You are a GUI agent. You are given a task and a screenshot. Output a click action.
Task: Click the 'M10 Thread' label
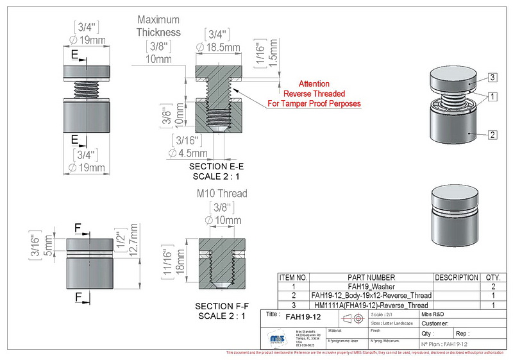coord(221,193)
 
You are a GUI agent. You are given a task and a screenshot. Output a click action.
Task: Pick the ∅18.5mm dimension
coord(219,47)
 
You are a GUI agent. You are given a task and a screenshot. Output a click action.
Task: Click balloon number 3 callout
coord(492,78)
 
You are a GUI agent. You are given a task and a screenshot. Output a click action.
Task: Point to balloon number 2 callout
coord(492,135)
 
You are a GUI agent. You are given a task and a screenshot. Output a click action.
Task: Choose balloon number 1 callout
coord(492,97)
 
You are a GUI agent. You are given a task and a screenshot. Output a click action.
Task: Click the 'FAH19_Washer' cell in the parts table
coord(371,286)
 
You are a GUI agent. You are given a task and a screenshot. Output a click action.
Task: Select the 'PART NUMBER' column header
coord(371,277)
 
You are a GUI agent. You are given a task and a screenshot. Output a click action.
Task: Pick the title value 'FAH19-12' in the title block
coord(303,317)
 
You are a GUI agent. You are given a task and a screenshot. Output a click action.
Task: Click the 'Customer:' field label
coord(435,324)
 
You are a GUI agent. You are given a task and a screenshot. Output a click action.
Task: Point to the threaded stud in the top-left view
coord(85,88)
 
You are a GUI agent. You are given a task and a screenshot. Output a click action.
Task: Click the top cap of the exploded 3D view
coord(453,80)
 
